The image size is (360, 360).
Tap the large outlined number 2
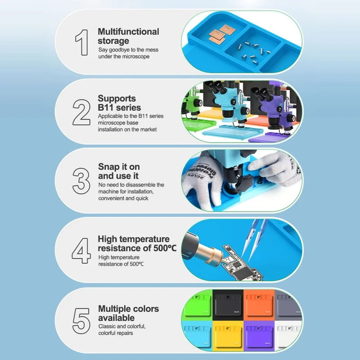[81, 112]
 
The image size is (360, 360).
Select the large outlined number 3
[81, 181]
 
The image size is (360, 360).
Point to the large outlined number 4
[81, 251]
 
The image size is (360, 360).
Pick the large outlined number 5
[81, 321]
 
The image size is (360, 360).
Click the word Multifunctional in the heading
[128, 31]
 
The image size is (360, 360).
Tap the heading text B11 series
[119, 108]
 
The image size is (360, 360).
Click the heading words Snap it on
[119, 166]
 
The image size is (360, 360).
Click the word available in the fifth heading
[117, 318]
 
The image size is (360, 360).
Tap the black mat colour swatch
[228, 305]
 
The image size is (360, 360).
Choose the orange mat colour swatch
[259, 305]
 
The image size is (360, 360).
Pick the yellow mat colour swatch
[228, 336]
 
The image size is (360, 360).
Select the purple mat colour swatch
[259, 336]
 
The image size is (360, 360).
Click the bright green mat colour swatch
[198, 305]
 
